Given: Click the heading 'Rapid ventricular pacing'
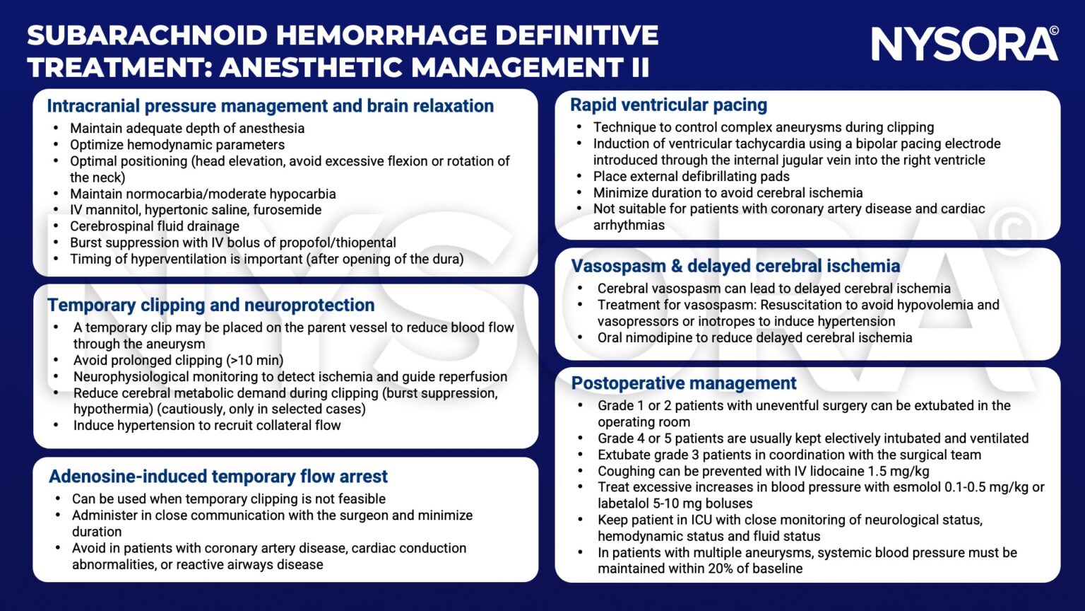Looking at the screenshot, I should pyautogui.click(x=668, y=105).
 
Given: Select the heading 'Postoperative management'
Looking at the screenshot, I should pyautogui.click(x=683, y=383).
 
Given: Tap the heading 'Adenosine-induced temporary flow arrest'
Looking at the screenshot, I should pyautogui.click(x=218, y=477).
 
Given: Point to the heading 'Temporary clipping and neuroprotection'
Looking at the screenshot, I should pyautogui.click(x=211, y=305).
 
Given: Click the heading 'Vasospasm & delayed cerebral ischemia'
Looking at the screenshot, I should pyautogui.click(x=735, y=266).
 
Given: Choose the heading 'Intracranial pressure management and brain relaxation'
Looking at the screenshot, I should pyautogui.click(x=270, y=106).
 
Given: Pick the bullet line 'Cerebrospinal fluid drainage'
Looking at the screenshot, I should pyautogui.click(x=154, y=226).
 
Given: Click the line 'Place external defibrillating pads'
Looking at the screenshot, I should pyautogui.click(x=691, y=177).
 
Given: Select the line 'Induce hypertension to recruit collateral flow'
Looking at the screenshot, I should pyautogui.click(x=206, y=426).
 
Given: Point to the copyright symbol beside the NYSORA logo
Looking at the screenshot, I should pyautogui.click(x=1053, y=31).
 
